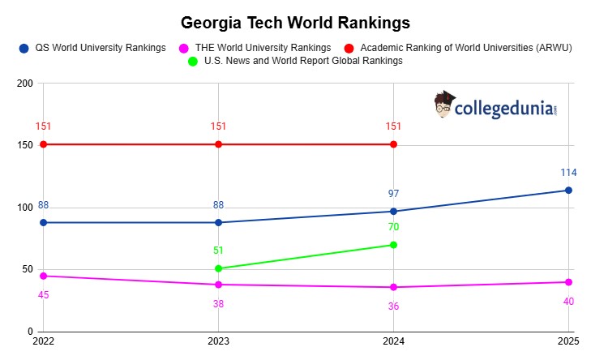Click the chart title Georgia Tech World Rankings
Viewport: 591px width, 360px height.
click(295, 21)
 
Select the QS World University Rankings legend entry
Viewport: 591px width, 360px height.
click(98, 49)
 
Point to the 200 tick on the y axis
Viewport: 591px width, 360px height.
click(24, 84)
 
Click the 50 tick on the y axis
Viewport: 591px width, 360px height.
click(27, 269)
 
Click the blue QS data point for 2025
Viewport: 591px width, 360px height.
click(568, 191)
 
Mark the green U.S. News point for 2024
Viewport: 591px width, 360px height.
click(393, 245)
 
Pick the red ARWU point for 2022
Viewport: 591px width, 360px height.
click(43, 144)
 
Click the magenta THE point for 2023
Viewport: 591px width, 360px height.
click(218, 285)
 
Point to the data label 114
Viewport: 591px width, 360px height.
click(567, 173)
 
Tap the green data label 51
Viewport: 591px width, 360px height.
click(218, 251)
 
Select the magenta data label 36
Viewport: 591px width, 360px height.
click(393, 306)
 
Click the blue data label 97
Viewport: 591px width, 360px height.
click(393, 193)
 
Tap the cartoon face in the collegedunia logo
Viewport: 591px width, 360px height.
click(443, 105)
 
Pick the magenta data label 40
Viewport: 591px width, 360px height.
click(567, 302)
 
